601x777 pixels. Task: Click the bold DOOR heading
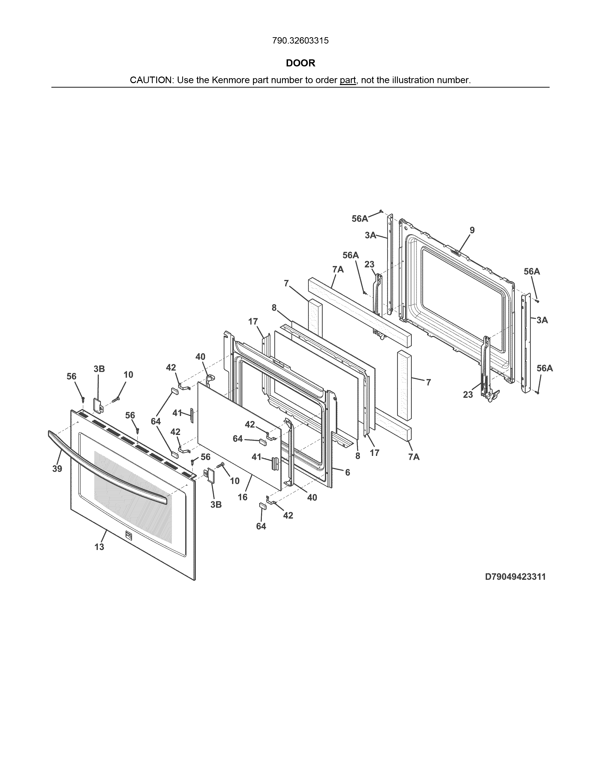[300, 63]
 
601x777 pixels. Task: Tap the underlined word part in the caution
[348, 80]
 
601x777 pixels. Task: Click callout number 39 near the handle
[57, 469]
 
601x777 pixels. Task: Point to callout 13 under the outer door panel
[99, 547]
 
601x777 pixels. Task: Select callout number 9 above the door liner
[472, 230]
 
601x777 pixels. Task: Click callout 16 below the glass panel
[243, 497]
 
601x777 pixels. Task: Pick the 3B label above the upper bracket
[99, 369]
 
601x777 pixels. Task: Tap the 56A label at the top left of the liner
[360, 219]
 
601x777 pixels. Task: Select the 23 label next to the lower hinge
[468, 395]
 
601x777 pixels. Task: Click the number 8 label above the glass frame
[274, 308]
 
